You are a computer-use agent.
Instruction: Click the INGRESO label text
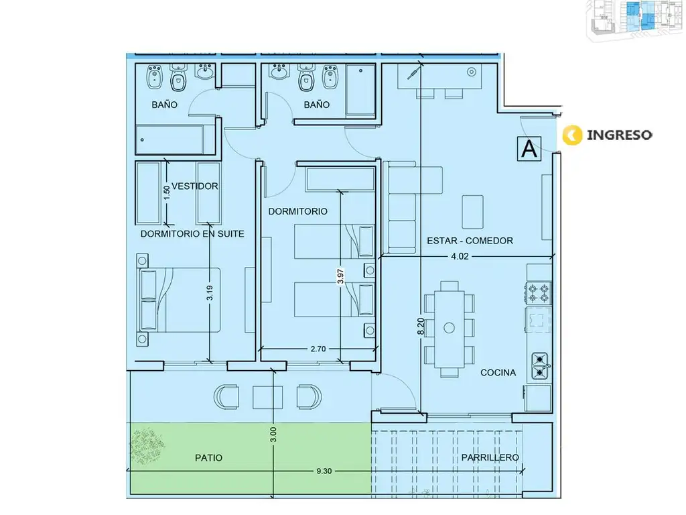(x=619, y=135)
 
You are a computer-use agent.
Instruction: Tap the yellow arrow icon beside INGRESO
(x=572, y=135)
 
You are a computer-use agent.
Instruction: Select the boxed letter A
(x=529, y=149)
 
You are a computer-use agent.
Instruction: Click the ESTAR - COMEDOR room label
(x=470, y=241)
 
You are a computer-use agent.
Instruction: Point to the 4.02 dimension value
(x=460, y=257)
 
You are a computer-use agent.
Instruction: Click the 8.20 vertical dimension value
(x=421, y=327)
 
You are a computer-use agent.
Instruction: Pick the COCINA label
(x=498, y=373)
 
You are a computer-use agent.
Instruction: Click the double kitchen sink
(x=541, y=366)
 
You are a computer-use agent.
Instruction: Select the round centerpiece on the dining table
(x=449, y=327)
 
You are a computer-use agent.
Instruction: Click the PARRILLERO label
(x=490, y=457)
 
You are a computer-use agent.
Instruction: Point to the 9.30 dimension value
(x=324, y=471)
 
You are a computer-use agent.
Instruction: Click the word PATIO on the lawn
(x=209, y=458)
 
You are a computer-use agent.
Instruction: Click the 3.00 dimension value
(x=273, y=435)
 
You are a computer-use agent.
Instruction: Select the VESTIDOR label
(x=195, y=186)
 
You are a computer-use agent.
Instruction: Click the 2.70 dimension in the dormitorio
(x=318, y=349)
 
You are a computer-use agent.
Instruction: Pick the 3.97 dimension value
(x=341, y=276)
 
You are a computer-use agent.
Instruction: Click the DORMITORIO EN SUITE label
(x=192, y=234)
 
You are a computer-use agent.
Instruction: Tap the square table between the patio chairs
(x=267, y=397)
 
